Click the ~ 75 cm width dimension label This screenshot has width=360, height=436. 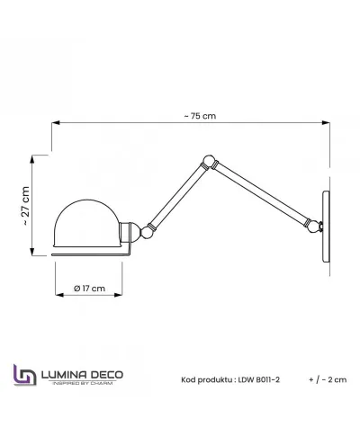(x=200, y=116)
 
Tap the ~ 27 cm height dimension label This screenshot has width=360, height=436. (x=25, y=206)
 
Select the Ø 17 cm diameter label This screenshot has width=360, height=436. (x=89, y=289)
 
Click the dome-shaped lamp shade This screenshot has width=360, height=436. (x=87, y=223)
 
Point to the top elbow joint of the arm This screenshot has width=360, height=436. (x=209, y=161)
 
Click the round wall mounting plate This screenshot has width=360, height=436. (x=326, y=227)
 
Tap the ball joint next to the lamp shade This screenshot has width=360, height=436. (x=147, y=232)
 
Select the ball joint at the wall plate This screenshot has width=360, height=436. (x=315, y=226)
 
